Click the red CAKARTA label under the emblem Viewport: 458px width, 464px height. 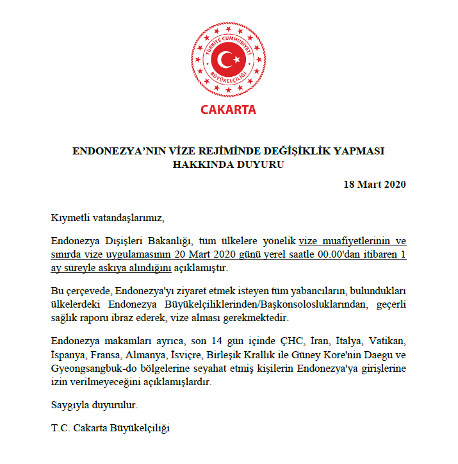pyautogui.click(x=229, y=110)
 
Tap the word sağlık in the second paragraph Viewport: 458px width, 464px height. pyautogui.click(x=65, y=318)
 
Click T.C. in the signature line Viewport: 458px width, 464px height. pyautogui.click(x=60, y=427)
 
